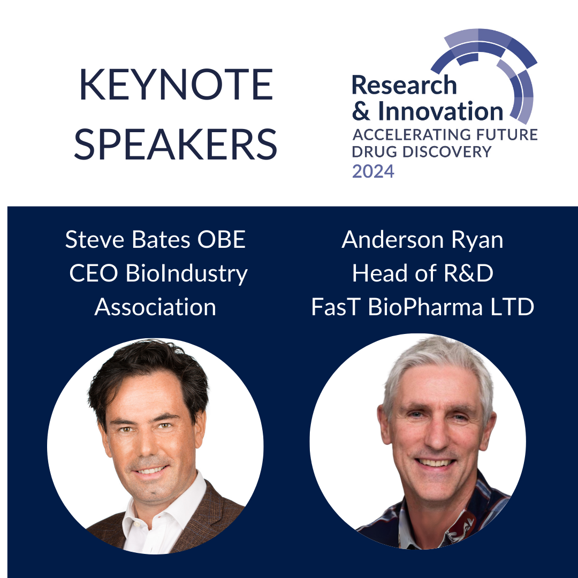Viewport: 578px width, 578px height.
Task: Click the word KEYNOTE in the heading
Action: click(176, 85)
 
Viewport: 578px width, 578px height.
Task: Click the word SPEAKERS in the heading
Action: click(176, 144)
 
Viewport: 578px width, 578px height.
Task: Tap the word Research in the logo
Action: click(405, 85)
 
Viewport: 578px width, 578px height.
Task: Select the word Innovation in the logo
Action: click(440, 111)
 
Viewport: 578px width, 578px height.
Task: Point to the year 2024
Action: click(373, 171)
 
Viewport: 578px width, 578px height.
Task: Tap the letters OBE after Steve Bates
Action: click(222, 240)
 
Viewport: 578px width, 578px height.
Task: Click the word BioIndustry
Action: click(187, 274)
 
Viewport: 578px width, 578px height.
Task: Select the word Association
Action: click(155, 307)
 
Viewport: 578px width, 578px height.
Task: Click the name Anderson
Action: click(393, 240)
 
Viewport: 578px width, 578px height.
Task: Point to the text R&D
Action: click(468, 273)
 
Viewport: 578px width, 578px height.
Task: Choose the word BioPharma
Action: click(425, 307)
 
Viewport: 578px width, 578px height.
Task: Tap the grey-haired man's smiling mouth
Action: click(435, 462)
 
